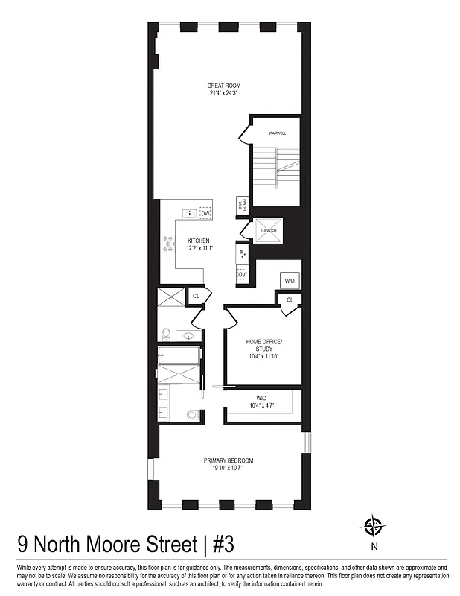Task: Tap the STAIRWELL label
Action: [x=277, y=133]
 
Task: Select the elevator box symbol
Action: [x=268, y=230]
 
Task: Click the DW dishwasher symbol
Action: [x=206, y=215]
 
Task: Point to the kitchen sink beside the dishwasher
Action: [x=191, y=215]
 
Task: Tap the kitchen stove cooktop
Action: [x=167, y=242]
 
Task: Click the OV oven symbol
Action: [x=242, y=276]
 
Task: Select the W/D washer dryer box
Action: [x=290, y=280]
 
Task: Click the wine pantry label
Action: [x=241, y=206]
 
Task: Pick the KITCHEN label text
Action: [x=198, y=241]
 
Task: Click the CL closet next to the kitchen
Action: [x=196, y=296]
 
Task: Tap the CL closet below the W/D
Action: [x=290, y=299]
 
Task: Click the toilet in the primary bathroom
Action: [x=193, y=415]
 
